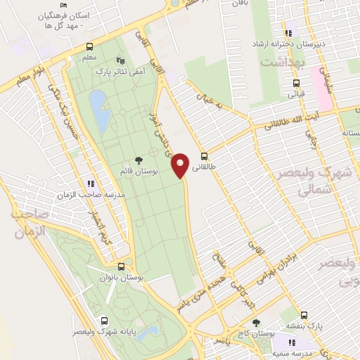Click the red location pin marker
[x=181, y=165]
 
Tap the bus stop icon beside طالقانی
[x=205, y=156]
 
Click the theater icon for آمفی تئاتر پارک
[x=118, y=60]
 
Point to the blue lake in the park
[x=100, y=111]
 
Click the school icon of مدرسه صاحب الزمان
[x=90, y=183]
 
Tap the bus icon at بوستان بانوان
[x=122, y=267]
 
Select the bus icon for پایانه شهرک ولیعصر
[x=105, y=319]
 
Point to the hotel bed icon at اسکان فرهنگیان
[x=64, y=6]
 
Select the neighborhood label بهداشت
[x=281, y=63]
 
